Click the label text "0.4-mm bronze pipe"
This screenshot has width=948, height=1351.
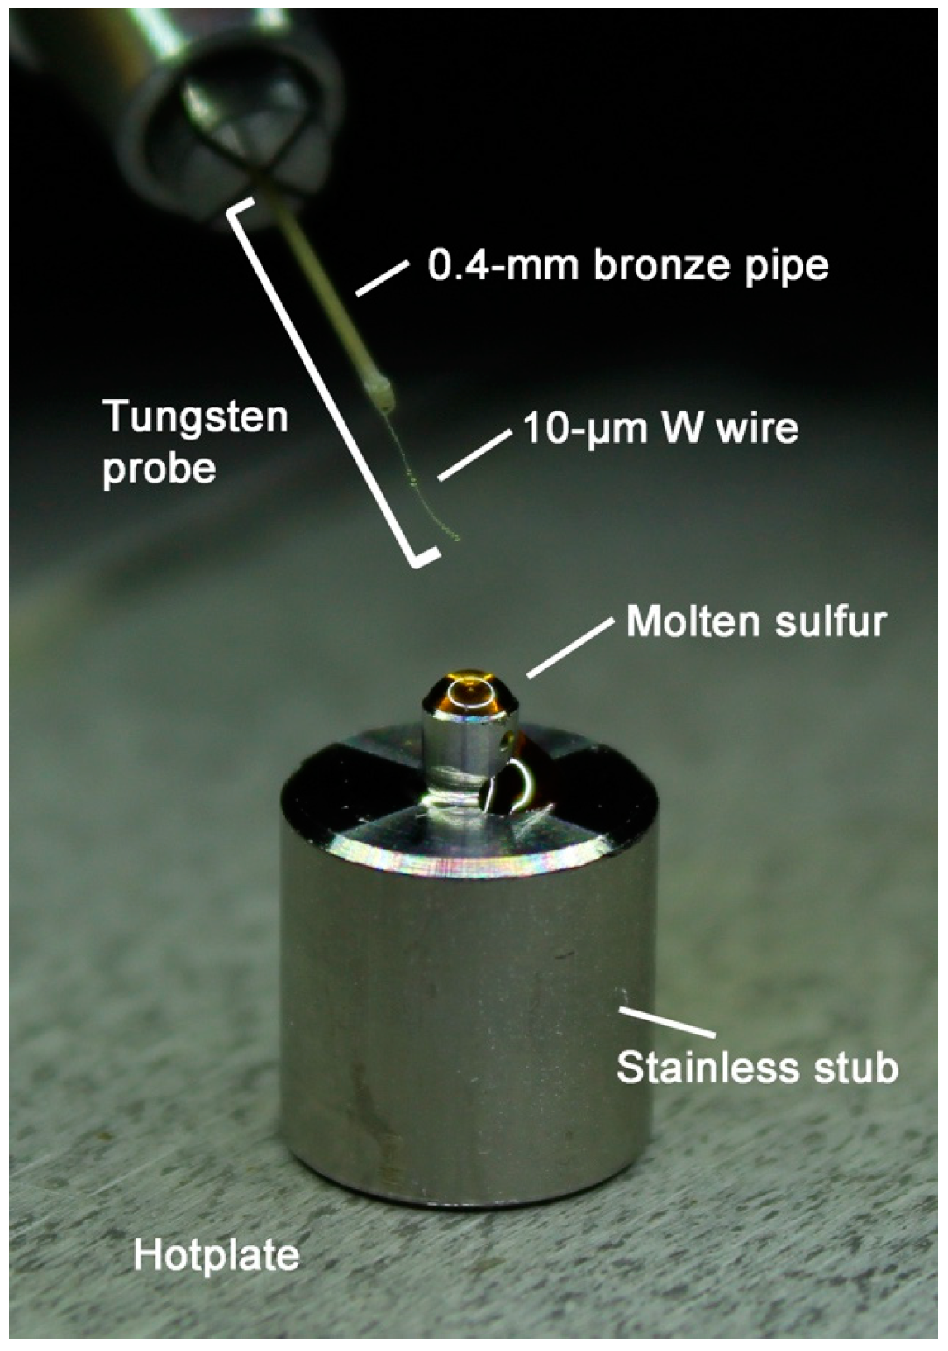click(x=627, y=265)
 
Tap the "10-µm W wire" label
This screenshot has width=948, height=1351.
click(x=661, y=428)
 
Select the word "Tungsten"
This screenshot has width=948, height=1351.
click(x=195, y=416)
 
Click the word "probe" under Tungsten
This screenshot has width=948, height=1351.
click(x=159, y=469)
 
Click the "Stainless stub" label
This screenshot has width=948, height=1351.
click(x=757, y=1067)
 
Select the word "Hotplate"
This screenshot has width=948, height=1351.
click(x=217, y=1255)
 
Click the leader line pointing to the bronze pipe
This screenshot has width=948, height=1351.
click(x=382, y=278)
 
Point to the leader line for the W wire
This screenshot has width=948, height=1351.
click(x=472, y=455)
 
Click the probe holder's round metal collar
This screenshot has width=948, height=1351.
click(x=240, y=124)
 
